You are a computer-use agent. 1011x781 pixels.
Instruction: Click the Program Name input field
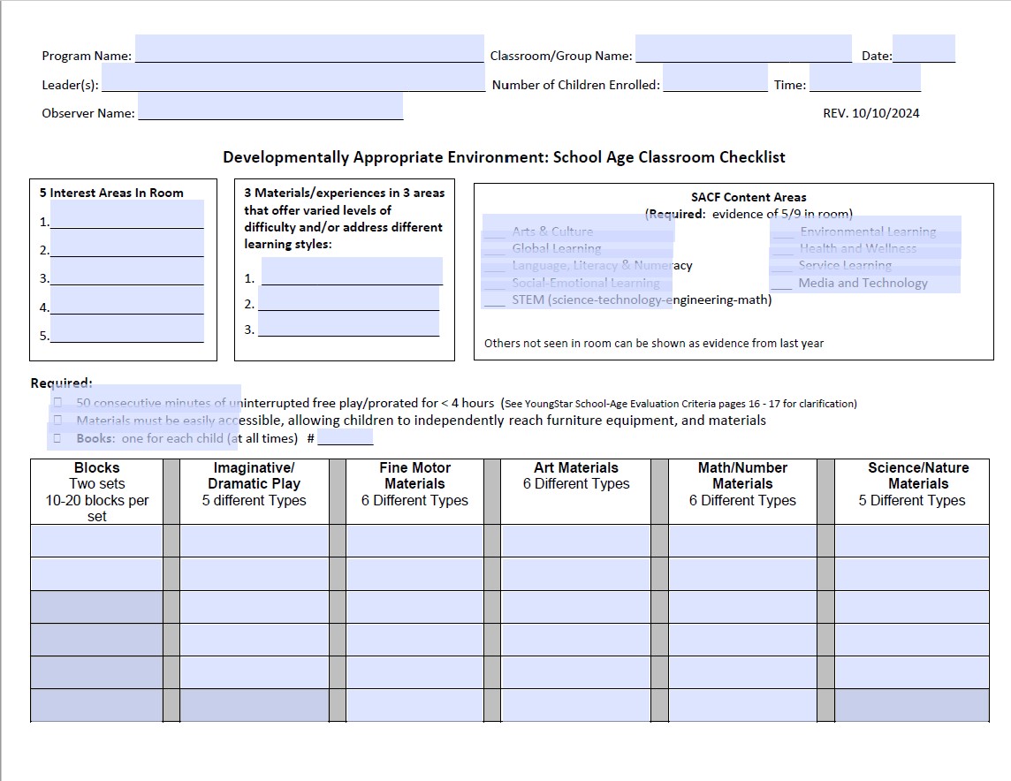tap(309, 49)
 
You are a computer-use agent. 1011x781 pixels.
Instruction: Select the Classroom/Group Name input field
tap(743, 49)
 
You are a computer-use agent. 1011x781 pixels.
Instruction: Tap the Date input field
tap(924, 49)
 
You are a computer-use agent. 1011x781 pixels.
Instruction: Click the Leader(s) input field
tap(293, 79)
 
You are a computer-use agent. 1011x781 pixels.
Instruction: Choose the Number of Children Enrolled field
tap(715, 80)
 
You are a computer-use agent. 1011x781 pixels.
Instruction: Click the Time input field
tap(864, 79)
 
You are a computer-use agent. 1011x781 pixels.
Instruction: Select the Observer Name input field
tap(270, 107)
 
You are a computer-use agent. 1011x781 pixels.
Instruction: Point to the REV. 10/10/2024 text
tap(870, 113)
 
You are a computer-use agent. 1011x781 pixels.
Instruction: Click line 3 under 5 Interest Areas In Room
tap(127, 272)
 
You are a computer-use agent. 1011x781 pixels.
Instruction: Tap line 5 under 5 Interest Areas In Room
tap(127, 330)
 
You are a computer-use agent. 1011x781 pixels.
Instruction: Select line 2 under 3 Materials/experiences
tap(348, 300)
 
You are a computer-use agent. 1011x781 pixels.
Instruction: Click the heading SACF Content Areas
tap(749, 197)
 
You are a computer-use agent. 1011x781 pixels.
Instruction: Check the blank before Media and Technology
tap(781, 284)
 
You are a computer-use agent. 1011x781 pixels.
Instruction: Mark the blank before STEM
tap(495, 300)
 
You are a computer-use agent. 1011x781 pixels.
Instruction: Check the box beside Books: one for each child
tap(57, 437)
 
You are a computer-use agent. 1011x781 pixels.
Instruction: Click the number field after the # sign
tap(345, 437)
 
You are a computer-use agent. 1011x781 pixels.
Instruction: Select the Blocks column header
tap(97, 491)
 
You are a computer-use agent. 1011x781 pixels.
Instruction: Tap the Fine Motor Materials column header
tap(414, 483)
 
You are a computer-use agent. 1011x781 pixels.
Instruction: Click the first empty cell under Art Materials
tap(575, 541)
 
